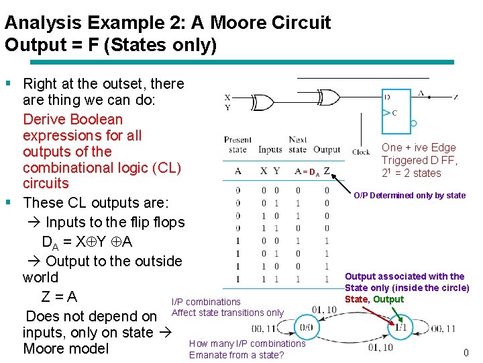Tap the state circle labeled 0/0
pyautogui.click(x=305, y=328)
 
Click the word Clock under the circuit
pyautogui.click(x=361, y=152)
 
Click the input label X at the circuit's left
pyautogui.click(x=227, y=97)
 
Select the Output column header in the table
pyautogui.click(x=327, y=149)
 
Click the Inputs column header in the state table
pyautogui.click(x=270, y=149)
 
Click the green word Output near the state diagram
pyautogui.click(x=388, y=299)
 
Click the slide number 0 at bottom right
pyautogui.click(x=466, y=353)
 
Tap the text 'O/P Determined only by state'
pyautogui.click(x=410, y=196)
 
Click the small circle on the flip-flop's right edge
pyautogui.click(x=414, y=123)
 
